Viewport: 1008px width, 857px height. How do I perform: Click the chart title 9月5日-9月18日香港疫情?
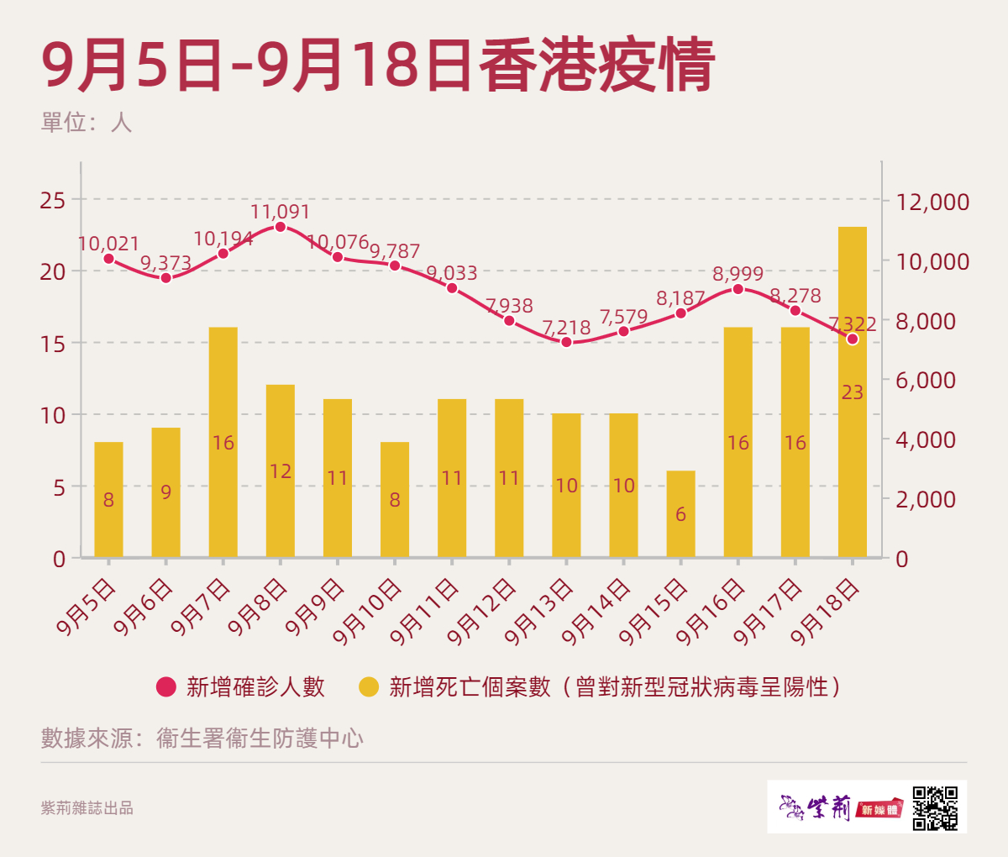378,66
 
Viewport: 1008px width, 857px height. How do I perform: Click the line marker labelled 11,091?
281,227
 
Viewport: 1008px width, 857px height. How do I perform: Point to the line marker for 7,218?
566,342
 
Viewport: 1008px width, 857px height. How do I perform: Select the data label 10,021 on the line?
108,244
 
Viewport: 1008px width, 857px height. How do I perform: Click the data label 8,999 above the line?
738,274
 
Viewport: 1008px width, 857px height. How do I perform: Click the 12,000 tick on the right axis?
932,202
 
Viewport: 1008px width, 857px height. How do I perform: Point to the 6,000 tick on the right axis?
925,380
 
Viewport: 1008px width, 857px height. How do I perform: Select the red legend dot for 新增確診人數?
166,686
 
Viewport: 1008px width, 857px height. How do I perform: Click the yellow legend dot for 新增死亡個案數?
369,686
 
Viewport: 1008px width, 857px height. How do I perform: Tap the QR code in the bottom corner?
935,807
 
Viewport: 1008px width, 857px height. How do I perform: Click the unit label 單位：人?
87,123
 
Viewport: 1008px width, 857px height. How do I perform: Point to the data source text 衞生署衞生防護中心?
260,738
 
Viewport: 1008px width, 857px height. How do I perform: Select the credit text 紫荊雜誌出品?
87,808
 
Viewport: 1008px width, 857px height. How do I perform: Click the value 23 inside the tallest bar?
852,392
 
